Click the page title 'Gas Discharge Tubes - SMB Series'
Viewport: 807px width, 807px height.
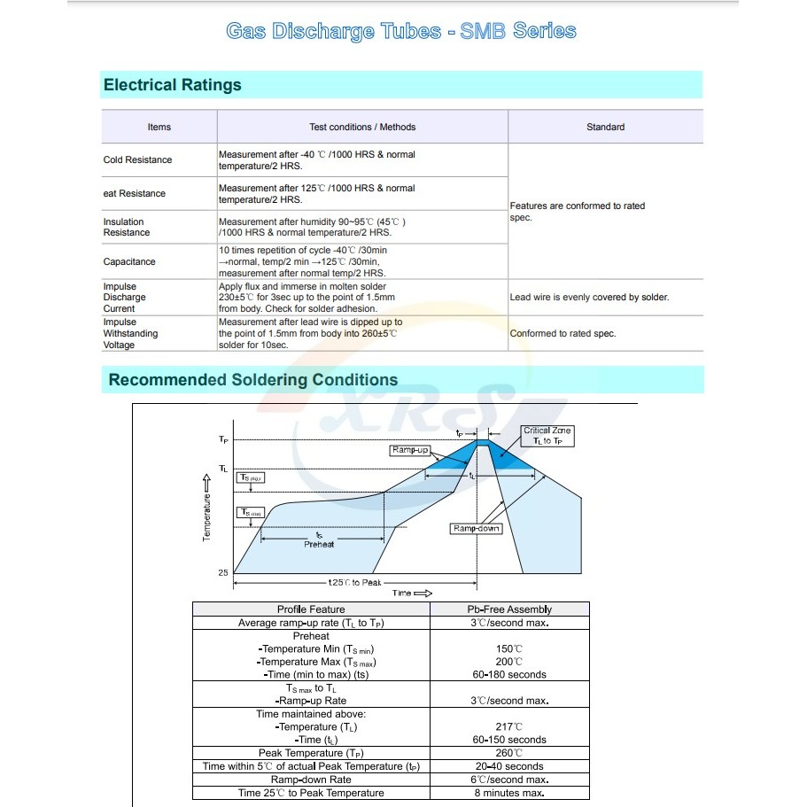pos(401,32)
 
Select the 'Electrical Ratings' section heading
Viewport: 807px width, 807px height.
pos(173,86)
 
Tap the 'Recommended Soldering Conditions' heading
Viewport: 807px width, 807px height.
pos(252,380)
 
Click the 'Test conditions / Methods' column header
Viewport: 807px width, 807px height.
pos(361,127)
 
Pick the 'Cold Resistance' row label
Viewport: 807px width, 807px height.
pos(137,160)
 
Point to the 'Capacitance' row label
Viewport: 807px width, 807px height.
pos(129,262)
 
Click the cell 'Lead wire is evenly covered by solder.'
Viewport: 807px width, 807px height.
pos(589,298)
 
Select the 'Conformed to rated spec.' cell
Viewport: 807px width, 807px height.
pos(563,334)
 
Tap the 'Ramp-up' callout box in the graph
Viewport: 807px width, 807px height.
pos(409,451)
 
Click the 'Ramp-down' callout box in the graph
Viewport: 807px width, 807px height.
pos(477,529)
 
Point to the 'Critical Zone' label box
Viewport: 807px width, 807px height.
pos(548,436)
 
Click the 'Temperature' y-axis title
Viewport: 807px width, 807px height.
pos(206,511)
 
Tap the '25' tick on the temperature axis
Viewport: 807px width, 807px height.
pos(223,573)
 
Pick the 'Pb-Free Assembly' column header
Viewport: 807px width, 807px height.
pos(509,609)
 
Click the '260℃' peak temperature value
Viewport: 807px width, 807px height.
pos(509,753)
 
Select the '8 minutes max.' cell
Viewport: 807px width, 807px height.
pos(509,793)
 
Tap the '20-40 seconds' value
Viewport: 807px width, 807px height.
pos(509,766)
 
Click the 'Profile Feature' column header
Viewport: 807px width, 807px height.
pos(311,609)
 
